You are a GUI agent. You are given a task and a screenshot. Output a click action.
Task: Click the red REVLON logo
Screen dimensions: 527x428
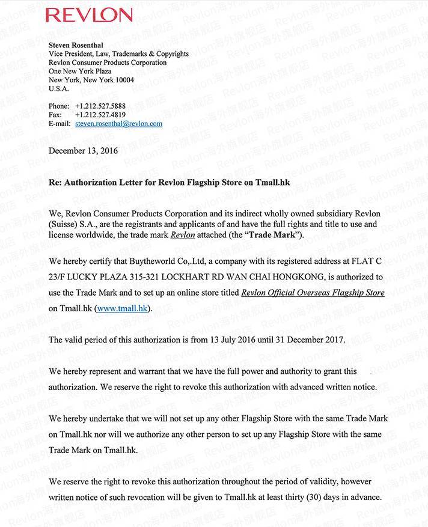(x=89, y=15)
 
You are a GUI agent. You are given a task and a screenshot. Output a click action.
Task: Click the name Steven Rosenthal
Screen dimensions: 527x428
(x=75, y=45)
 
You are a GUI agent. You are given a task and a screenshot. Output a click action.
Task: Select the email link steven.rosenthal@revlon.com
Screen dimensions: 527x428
(x=118, y=124)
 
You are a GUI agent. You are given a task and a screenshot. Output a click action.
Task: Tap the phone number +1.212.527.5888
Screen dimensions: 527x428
(x=100, y=106)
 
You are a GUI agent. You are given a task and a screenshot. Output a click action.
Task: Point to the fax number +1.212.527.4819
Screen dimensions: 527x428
(x=100, y=115)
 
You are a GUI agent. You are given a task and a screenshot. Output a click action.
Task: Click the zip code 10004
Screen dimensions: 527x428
(x=124, y=80)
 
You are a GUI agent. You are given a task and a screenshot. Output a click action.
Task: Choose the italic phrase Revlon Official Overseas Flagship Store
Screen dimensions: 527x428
(x=313, y=293)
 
